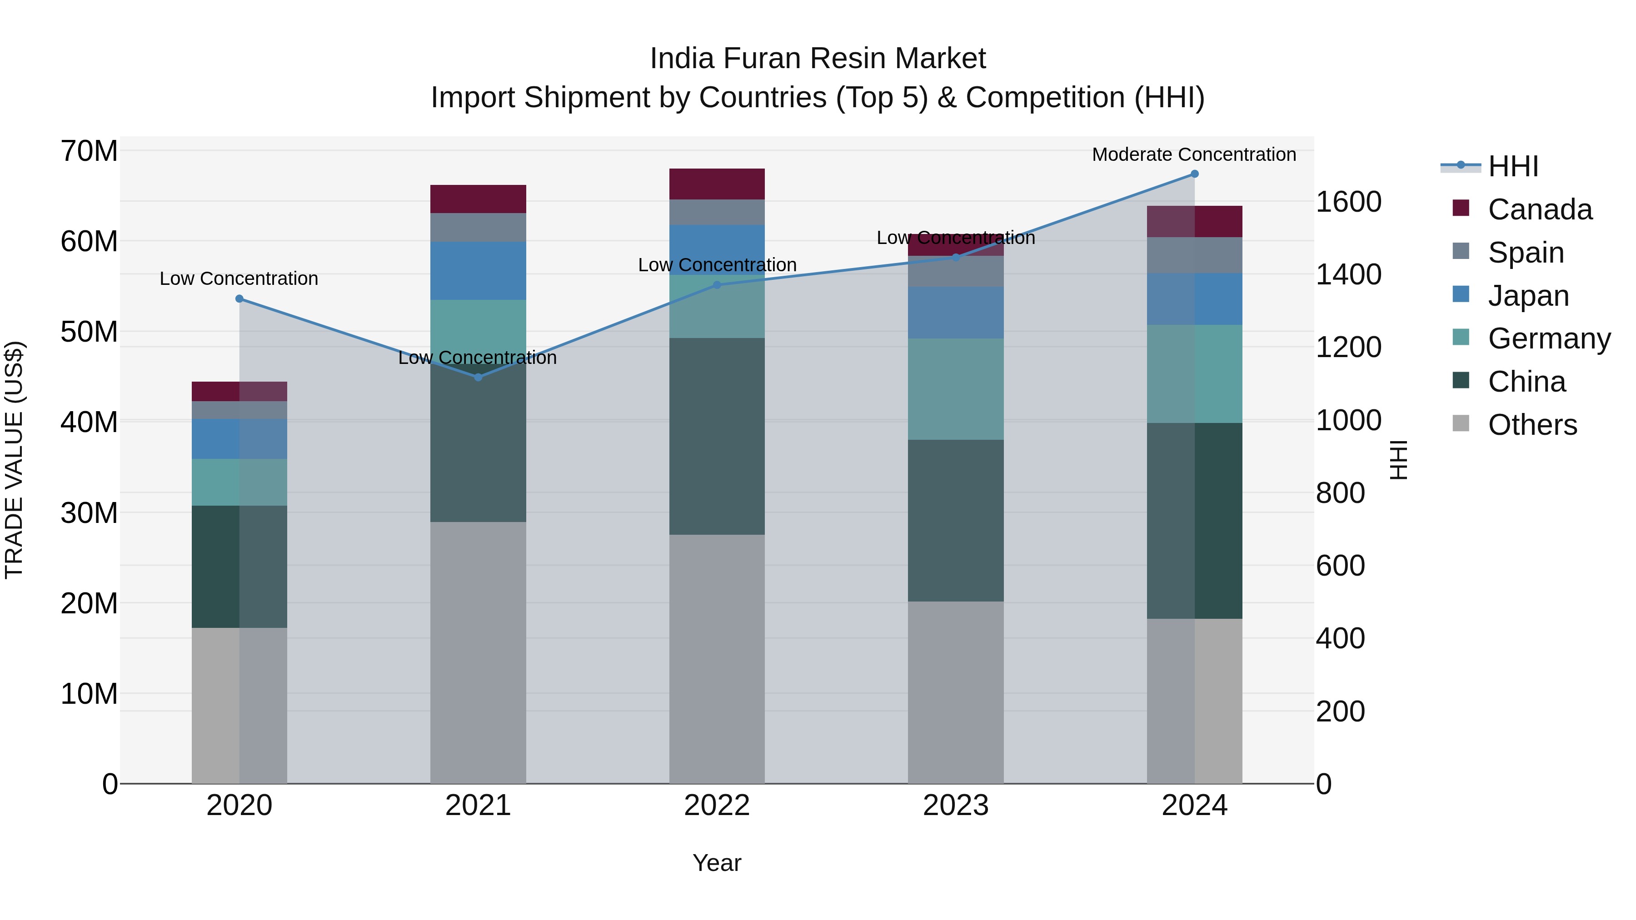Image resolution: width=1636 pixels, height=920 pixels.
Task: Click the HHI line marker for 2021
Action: tap(478, 377)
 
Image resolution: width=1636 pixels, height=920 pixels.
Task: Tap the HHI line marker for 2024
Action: tap(1195, 174)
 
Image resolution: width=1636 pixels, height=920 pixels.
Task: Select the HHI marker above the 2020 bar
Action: tap(239, 299)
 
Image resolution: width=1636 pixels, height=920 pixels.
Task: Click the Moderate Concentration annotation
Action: tap(1193, 154)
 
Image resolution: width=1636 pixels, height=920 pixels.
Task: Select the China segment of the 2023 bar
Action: tap(955, 521)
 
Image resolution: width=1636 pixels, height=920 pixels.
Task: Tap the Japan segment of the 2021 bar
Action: tap(478, 270)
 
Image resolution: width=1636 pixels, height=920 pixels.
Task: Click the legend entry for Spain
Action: tap(1526, 253)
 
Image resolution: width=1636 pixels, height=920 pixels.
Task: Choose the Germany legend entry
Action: tap(1548, 338)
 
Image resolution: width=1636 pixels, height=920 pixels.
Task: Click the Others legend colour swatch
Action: tap(1461, 423)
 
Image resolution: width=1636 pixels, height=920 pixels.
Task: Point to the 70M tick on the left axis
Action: tap(89, 151)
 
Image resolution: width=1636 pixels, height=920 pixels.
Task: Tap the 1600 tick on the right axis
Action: tap(1348, 202)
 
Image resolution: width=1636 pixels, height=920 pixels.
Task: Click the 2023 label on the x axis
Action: tap(955, 806)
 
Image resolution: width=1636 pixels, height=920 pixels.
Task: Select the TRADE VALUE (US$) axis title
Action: tap(14, 460)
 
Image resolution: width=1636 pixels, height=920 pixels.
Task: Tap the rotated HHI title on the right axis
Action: tap(1398, 460)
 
